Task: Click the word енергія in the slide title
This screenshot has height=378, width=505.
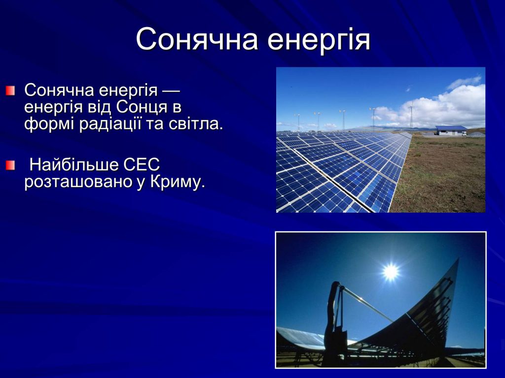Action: tap(319, 39)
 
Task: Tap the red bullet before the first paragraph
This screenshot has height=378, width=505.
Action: tap(10, 90)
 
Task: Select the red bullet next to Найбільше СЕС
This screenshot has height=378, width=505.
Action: tap(10, 166)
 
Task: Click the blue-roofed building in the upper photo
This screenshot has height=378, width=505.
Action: tap(451, 130)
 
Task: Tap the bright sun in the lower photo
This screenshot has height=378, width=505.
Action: tap(391, 271)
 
